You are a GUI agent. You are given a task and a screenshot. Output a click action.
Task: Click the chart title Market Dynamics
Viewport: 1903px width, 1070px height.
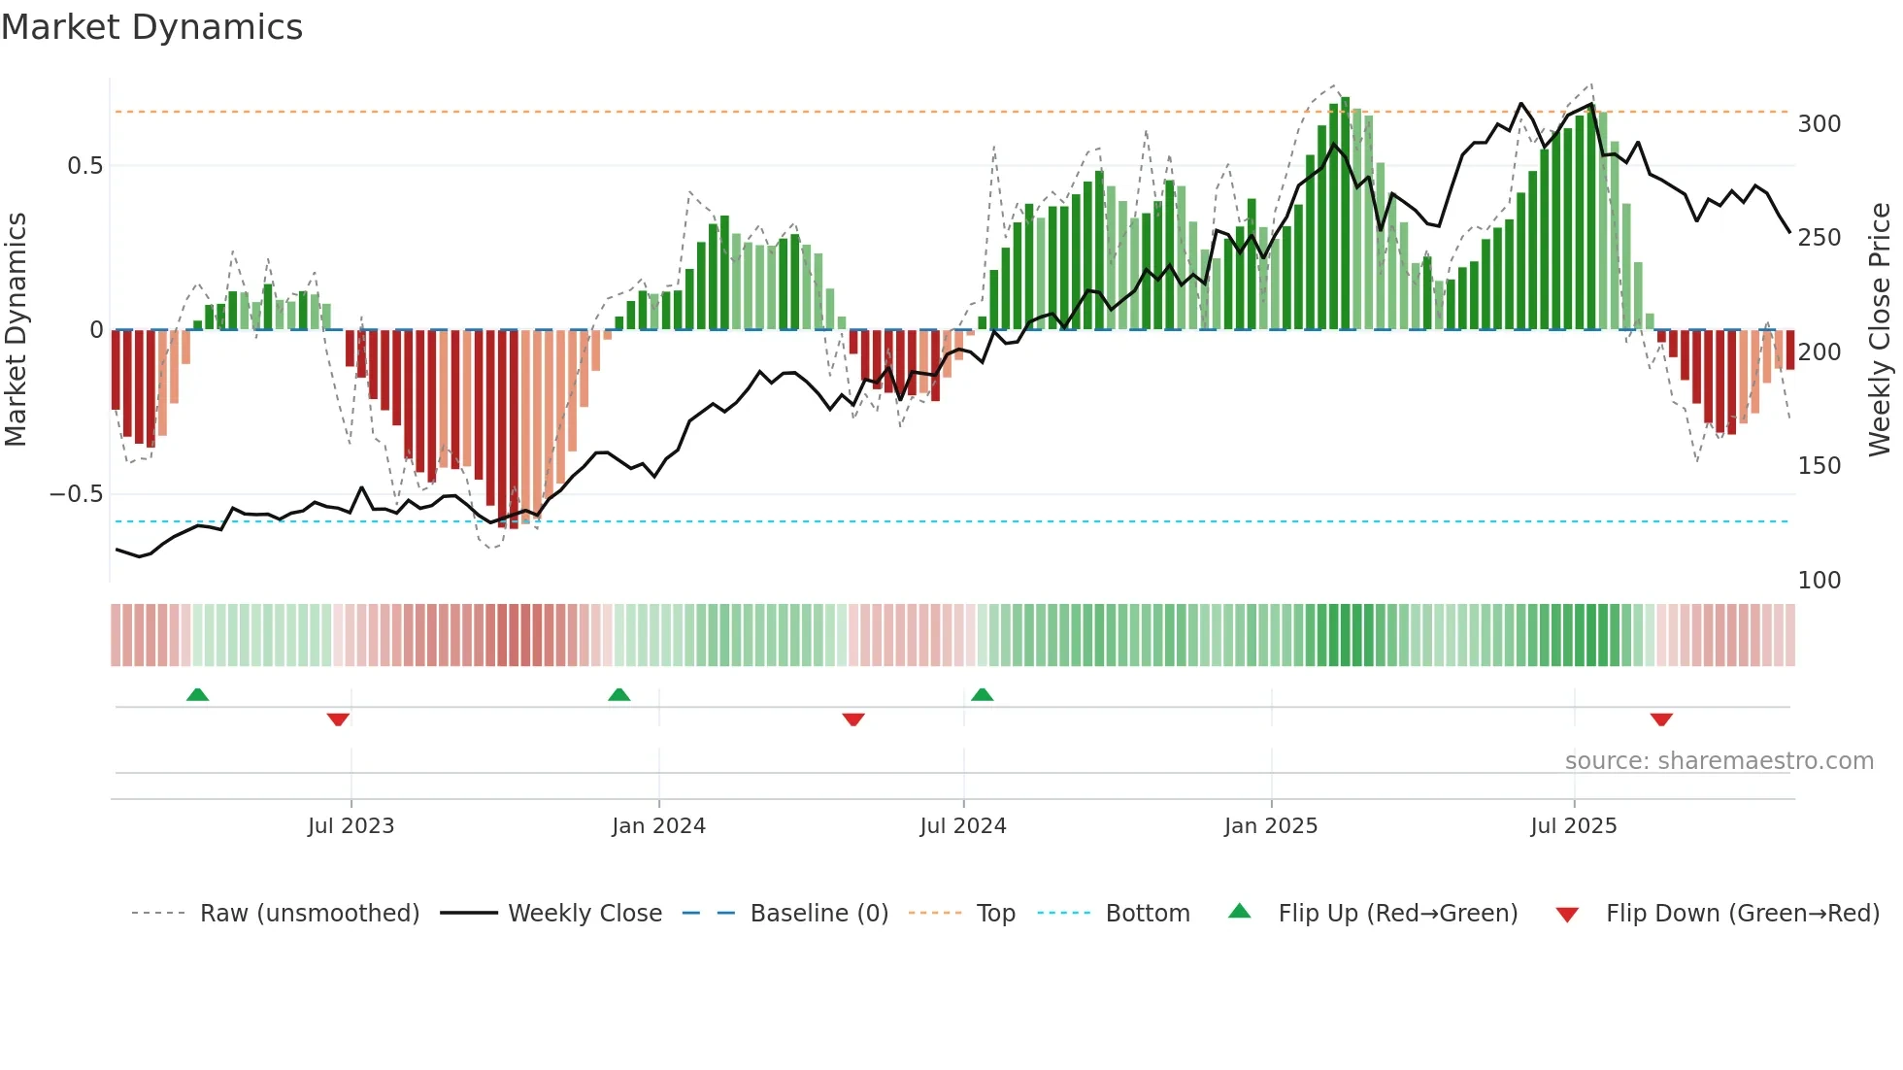tap(151, 27)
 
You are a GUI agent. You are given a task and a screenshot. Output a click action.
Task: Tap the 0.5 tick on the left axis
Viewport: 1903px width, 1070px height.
tap(85, 166)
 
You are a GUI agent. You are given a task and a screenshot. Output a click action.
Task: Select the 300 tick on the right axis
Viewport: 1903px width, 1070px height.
tap(1820, 124)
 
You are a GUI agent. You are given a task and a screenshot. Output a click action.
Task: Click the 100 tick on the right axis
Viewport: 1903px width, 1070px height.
tap(1820, 581)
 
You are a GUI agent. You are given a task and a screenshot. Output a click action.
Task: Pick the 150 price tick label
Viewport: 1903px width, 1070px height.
tap(1820, 466)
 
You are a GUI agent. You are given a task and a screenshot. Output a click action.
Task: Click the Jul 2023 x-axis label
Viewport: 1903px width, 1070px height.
tap(351, 826)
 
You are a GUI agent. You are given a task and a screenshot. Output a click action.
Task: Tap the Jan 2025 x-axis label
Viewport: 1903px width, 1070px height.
tap(1271, 826)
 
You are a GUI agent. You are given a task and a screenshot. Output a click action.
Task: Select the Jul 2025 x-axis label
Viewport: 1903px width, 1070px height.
tap(1574, 826)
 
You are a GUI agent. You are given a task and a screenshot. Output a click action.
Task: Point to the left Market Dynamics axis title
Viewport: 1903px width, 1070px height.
tap(16, 330)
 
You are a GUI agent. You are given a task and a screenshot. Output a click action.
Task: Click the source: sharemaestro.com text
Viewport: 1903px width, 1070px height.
tap(1719, 761)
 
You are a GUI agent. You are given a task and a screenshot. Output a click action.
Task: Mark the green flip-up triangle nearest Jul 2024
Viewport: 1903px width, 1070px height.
tap(982, 694)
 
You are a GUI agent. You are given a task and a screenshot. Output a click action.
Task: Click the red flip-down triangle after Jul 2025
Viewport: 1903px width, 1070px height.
tap(1661, 719)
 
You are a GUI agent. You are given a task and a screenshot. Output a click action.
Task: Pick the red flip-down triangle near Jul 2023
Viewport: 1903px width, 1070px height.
tap(338, 719)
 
